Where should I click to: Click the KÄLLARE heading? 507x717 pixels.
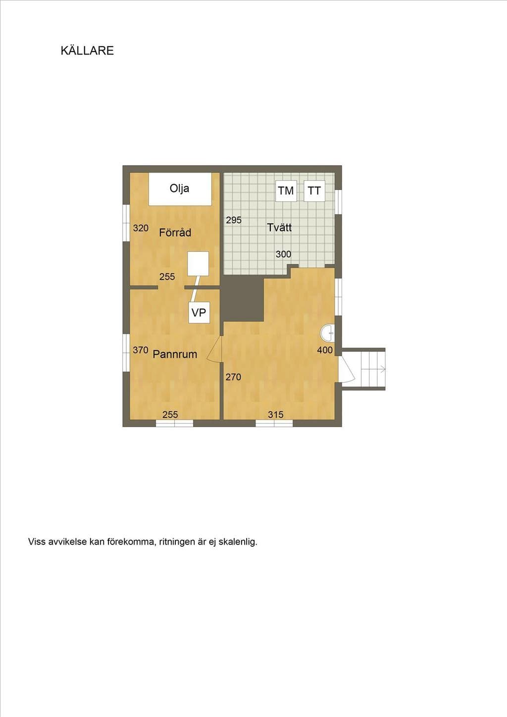[x=87, y=50]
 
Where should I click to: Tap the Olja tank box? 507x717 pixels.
[x=180, y=189]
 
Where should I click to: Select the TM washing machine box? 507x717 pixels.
[x=286, y=191]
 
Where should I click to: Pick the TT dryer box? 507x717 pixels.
[x=314, y=191]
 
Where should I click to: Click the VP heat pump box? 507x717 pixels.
[x=199, y=312]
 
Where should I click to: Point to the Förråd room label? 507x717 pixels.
[x=175, y=233]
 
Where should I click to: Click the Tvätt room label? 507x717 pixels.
[x=279, y=228]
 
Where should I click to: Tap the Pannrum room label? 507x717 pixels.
[x=175, y=354]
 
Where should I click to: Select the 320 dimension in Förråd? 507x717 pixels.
[x=141, y=228]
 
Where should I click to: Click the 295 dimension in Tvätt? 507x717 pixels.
[x=234, y=220]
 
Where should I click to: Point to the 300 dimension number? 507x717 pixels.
[x=283, y=254]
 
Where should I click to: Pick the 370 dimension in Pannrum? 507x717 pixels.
[x=141, y=350]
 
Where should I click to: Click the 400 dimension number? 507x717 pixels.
[x=325, y=350]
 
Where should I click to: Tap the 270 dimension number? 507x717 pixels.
[x=233, y=377]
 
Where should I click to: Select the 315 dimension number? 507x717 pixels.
[x=276, y=415]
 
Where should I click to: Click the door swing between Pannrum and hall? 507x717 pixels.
[x=214, y=349]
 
